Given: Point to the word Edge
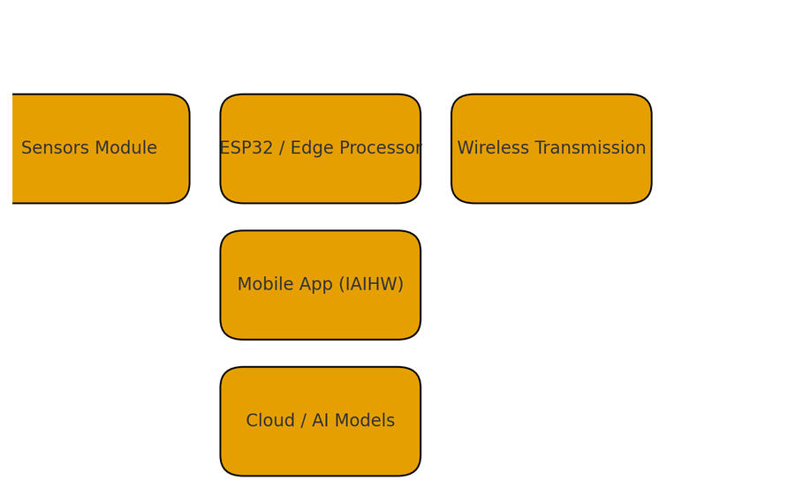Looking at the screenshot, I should point(310,148).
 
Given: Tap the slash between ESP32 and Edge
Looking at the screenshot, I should point(283,148).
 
